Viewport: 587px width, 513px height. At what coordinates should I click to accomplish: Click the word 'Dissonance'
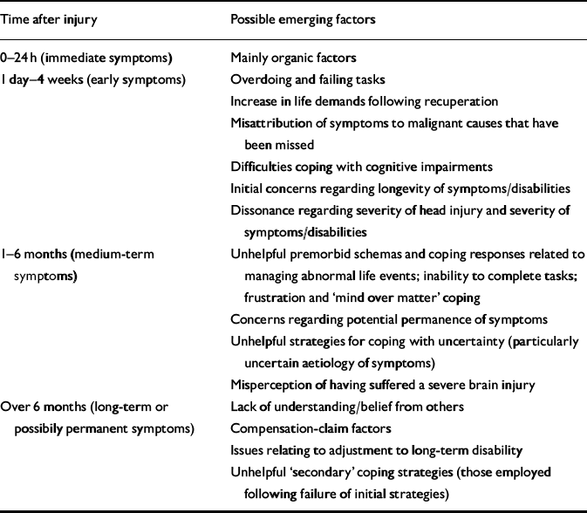tap(258, 210)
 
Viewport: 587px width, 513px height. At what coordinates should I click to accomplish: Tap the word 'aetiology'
tap(327, 362)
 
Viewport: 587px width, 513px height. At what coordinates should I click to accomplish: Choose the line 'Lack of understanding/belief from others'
tap(334, 406)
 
